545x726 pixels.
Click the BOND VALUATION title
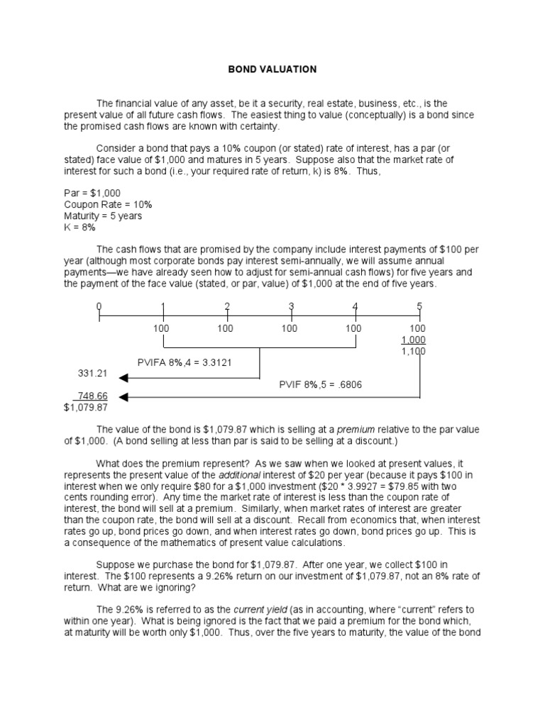[x=272, y=69]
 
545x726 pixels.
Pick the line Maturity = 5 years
[x=103, y=216]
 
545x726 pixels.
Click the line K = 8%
[x=79, y=228]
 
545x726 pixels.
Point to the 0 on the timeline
[x=99, y=306]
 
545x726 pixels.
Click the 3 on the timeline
[x=291, y=306]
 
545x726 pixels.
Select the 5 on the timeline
[x=419, y=306]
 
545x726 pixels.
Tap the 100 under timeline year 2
[x=226, y=328]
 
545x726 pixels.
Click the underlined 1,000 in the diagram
[x=414, y=340]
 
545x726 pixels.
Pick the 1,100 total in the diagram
[x=414, y=351]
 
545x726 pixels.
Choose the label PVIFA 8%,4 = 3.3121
[x=185, y=362]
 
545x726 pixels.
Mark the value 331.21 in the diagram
[x=92, y=373]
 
